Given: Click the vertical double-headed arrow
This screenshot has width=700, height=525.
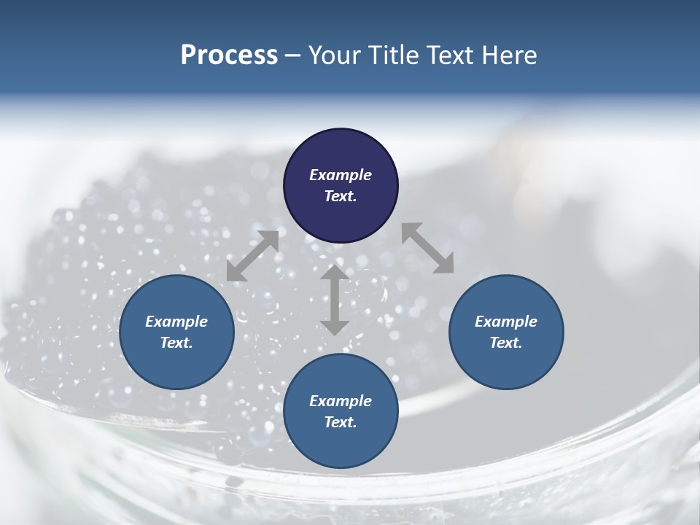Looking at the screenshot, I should point(334,300).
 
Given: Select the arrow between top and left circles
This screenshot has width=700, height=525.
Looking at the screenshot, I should point(252,256).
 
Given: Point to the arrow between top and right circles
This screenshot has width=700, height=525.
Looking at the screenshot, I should point(427,248).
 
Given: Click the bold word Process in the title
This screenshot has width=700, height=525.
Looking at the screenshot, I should point(229,55).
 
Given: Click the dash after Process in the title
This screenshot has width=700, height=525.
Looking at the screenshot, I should point(293,56).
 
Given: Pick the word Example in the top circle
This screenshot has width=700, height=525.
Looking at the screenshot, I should point(341,175).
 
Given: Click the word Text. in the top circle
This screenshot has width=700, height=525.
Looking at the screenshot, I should point(341,196).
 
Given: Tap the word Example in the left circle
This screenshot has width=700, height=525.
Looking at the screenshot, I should point(176,322).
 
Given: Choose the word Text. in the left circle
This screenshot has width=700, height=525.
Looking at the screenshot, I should point(176,343).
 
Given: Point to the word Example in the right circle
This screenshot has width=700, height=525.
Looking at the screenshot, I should point(506,322).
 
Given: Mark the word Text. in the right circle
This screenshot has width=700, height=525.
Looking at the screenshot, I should point(506,343).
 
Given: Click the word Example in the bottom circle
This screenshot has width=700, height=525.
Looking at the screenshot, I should point(341,401).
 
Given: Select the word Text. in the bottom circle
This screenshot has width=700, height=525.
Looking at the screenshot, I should point(341,422).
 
